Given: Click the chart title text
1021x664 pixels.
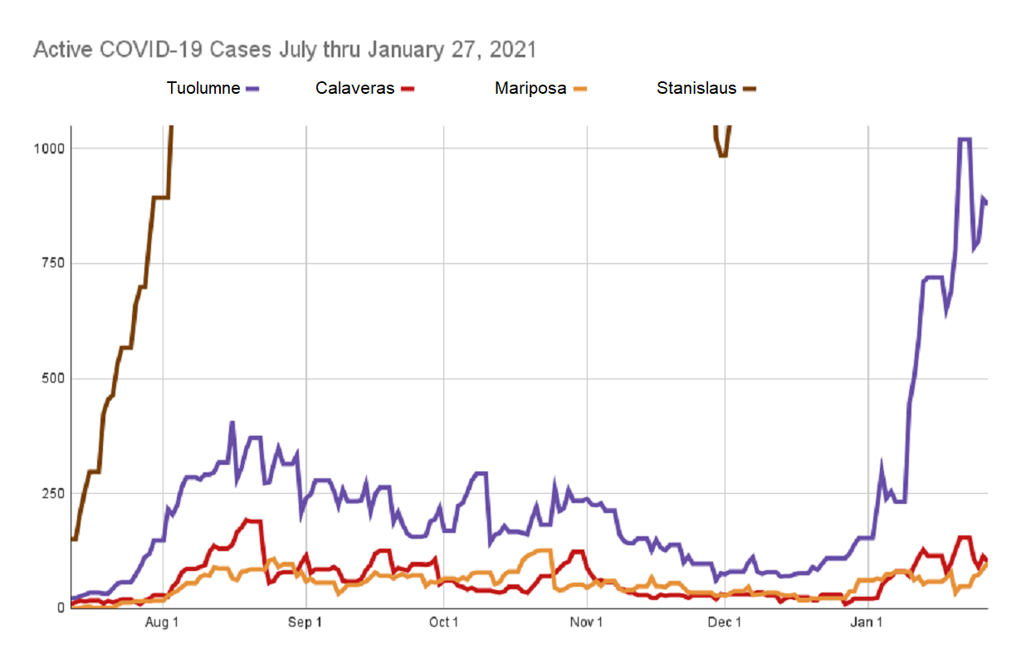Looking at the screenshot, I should [x=285, y=50].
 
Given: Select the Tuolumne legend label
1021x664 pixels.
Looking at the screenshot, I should [x=203, y=88].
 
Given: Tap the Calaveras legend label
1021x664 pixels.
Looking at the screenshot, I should [x=354, y=88].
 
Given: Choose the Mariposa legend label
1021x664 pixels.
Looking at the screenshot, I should [x=530, y=88].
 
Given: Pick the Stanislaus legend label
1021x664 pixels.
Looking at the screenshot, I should [x=696, y=88].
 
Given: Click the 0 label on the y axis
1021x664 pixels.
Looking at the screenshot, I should [x=61, y=608].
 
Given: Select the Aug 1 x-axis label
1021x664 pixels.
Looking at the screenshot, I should [x=163, y=623].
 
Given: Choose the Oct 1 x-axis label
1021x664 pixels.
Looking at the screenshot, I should [x=444, y=623].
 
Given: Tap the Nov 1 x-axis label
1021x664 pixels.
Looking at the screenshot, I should [x=587, y=623].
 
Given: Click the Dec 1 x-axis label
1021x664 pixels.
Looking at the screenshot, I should [x=725, y=623].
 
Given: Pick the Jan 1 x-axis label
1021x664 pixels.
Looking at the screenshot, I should [x=867, y=623].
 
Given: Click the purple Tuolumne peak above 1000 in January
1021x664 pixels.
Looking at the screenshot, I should [x=965, y=139].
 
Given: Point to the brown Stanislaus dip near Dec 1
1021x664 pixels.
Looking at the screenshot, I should [x=722, y=154].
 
